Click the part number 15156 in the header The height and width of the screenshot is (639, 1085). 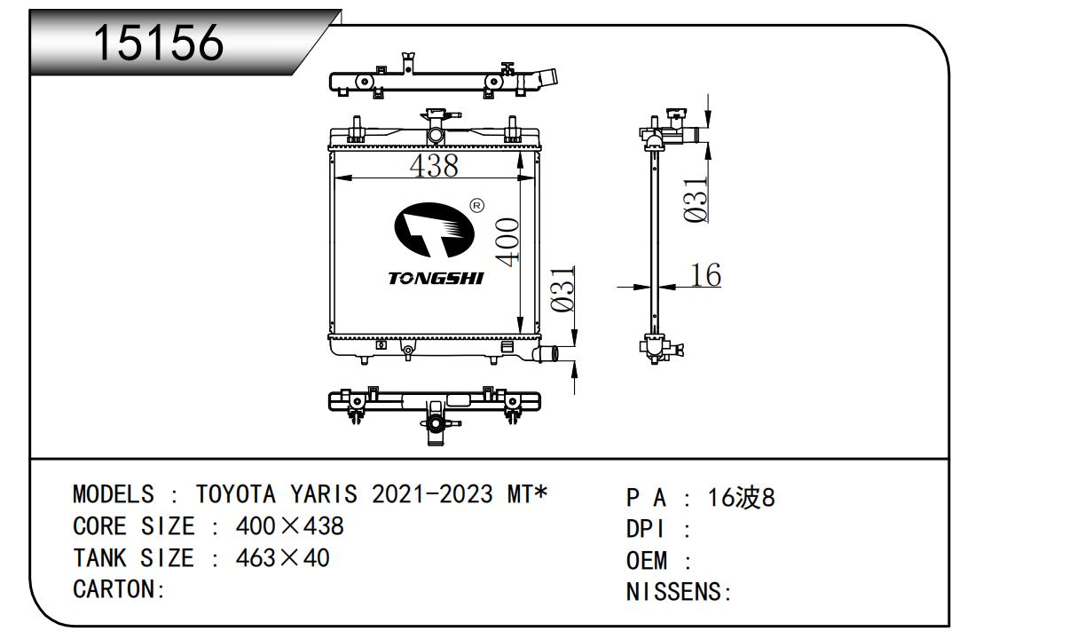pyautogui.click(x=159, y=43)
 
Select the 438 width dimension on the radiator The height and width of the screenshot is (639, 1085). pyautogui.click(x=434, y=166)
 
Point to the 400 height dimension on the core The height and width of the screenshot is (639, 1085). pyautogui.click(x=507, y=242)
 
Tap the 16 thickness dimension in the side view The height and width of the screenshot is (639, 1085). pyautogui.click(x=705, y=275)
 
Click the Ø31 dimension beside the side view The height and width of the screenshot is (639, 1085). pyautogui.click(x=696, y=200)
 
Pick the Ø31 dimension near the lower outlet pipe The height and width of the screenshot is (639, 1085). pyautogui.click(x=562, y=289)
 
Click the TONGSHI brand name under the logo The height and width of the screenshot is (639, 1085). pyautogui.click(x=436, y=279)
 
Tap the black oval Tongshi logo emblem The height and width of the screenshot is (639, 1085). pyautogui.click(x=434, y=230)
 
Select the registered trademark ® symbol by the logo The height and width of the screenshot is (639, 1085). pyautogui.click(x=477, y=206)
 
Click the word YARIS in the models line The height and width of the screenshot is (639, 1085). pyautogui.click(x=324, y=494)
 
